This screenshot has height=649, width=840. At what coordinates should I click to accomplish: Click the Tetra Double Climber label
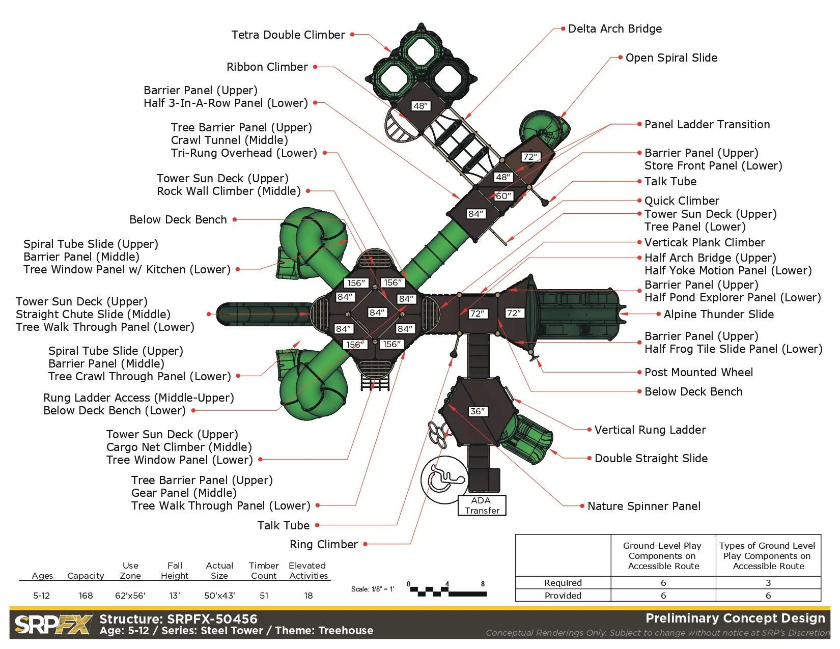click(288, 35)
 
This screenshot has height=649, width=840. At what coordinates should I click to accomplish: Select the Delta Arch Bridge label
click(615, 29)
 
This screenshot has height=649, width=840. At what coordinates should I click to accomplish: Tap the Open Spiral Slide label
click(671, 58)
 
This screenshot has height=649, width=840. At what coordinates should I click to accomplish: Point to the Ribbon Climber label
click(267, 67)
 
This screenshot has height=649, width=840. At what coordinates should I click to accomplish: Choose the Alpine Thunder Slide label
click(718, 315)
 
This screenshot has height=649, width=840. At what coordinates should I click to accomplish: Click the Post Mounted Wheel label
click(698, 373)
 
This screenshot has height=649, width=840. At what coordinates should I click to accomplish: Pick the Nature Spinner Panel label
click(644, 506)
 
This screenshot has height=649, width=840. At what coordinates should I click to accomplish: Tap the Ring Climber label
click(324, 545)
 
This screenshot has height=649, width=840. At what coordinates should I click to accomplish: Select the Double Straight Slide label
click(651, 459)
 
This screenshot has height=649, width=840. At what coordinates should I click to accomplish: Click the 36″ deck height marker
click(478, 411)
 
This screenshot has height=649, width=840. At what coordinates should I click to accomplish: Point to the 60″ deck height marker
click(503, 196)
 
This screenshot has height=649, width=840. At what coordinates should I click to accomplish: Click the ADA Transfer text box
click(482, 506)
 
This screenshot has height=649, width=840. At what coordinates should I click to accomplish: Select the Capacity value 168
click(86, 596)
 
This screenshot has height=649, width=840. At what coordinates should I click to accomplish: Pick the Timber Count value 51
click(264, 596)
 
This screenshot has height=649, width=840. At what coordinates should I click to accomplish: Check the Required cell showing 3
click(768, 583)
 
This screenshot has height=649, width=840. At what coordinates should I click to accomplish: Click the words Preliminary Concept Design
click(735, 618)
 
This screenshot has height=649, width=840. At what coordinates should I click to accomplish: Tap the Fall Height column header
click(175, 571)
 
